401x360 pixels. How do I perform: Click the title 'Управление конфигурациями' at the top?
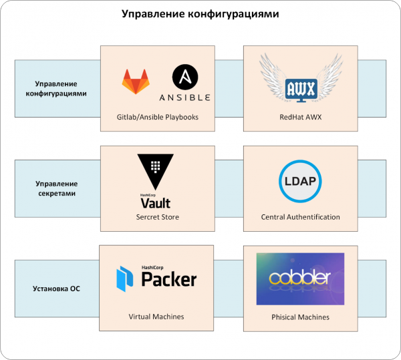click(200, 14)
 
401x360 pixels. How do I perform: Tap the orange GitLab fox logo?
click(136, 81)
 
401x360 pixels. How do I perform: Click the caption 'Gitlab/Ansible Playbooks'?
click(158, 117)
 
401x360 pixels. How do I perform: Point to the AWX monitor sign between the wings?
click(300, 89)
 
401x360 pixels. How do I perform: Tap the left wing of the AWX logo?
click(274, 77)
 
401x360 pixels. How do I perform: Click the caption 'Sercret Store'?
click(158, 217)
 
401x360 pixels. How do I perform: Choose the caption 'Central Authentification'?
click(300, 217)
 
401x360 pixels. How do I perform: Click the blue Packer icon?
click(126, 277)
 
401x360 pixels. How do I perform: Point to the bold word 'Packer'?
click(169, 279)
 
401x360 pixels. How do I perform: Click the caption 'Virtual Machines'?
click(157, 317)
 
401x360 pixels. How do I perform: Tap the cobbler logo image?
click(300, 279)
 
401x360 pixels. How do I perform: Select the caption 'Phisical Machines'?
click(300, 317)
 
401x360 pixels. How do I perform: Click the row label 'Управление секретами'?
click(57, 188)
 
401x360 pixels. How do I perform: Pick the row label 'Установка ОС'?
click(57, 289)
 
